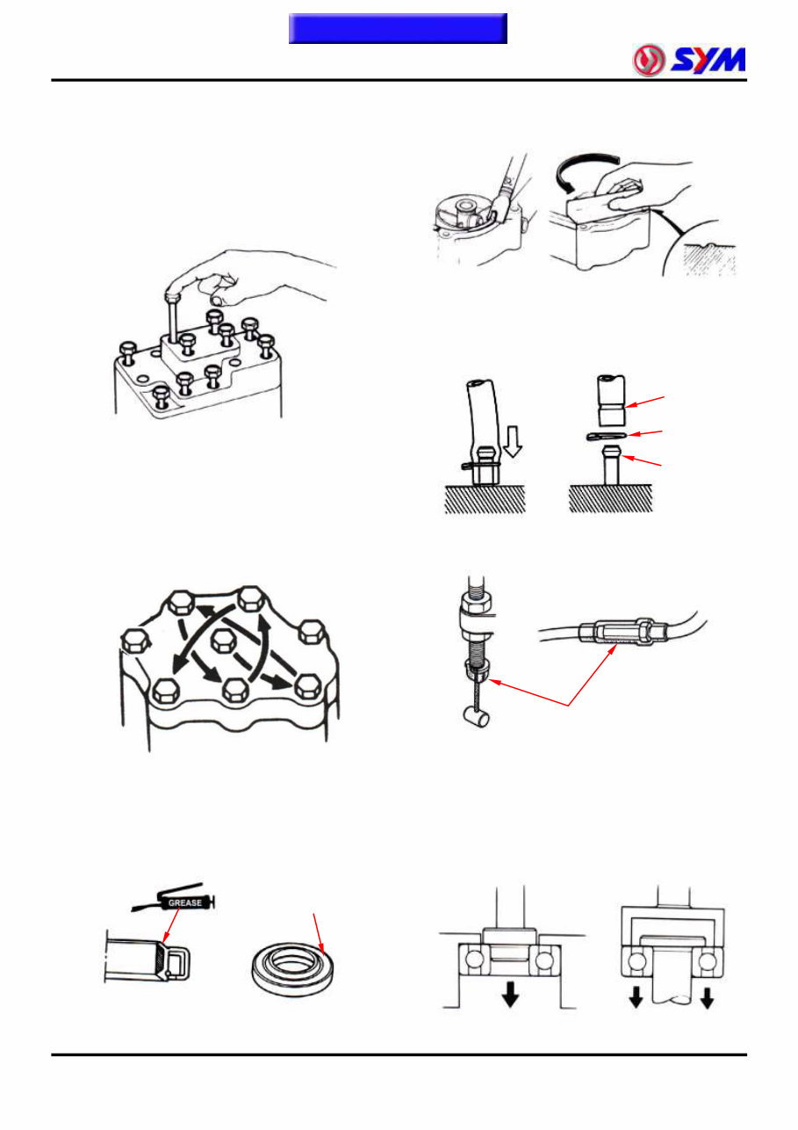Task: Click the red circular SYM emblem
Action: pyautogui.click(x=651, y=61)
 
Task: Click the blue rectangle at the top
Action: pyautogui.click(x=398, y=28)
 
